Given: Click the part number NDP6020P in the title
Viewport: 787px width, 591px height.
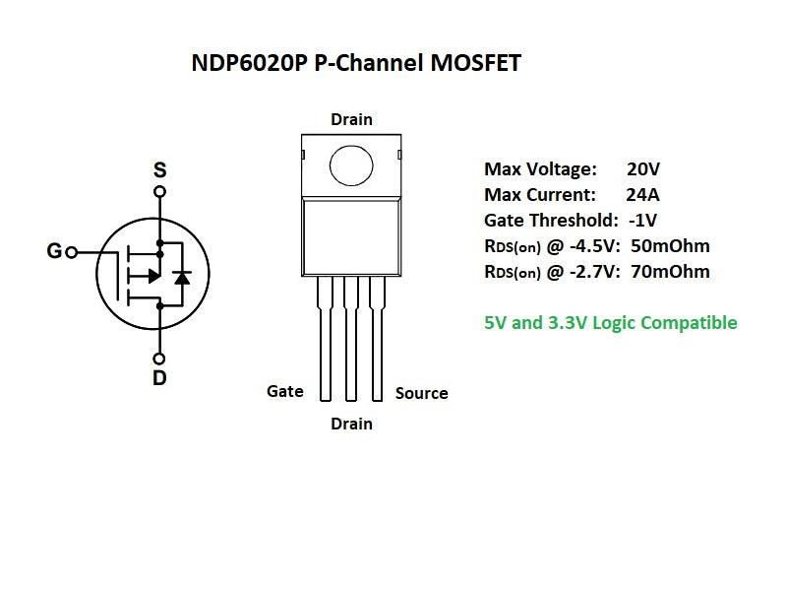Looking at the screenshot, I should point(249,64).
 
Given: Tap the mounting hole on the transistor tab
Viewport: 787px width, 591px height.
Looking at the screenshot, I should point(351,164).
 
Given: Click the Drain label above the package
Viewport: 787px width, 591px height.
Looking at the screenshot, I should point(351,119).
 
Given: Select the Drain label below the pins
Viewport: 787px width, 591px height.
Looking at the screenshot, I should point(351,424).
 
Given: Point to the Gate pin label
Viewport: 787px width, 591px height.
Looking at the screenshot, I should point(285,391).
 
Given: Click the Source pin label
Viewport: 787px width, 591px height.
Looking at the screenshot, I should point(421,393).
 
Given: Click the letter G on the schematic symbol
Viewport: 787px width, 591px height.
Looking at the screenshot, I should point(54,252).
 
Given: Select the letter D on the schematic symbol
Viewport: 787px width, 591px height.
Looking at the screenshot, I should point(159,377).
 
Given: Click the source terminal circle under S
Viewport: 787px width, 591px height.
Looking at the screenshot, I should point(159,191).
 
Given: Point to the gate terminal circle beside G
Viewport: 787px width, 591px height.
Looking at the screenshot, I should point(71,252).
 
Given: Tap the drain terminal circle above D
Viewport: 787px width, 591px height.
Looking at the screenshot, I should point(159,358).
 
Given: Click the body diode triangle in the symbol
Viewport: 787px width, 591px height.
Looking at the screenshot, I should point(181,277).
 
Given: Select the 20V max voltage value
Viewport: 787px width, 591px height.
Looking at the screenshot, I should point(643,168).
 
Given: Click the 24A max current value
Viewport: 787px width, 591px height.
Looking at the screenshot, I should point(643,194).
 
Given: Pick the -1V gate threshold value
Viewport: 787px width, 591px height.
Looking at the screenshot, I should point(642,220).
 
